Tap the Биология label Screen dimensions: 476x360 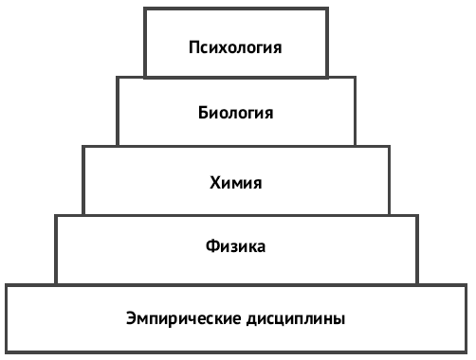pos(237,113)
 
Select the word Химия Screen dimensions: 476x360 pos(235,180)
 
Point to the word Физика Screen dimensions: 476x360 pos(235,247)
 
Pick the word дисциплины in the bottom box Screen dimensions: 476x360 pos(294,317)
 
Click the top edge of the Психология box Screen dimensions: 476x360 pos(237,9)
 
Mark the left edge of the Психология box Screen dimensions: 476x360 pos(145,43)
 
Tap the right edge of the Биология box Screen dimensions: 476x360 pos(357,111)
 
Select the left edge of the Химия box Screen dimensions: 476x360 pos(83,180)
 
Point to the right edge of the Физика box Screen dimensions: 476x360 pos(417,249)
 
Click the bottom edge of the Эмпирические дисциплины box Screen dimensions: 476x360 pos(237,352)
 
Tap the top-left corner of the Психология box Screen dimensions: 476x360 pos(145,9)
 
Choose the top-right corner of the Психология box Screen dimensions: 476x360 pos(328,9)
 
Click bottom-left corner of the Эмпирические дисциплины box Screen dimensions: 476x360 pos(8,352)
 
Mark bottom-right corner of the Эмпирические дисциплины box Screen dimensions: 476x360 pos(467,352)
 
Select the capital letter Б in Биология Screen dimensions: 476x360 pos(204,113)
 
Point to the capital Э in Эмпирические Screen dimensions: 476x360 pos(131,317)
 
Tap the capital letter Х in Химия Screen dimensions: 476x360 pos(214,180)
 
